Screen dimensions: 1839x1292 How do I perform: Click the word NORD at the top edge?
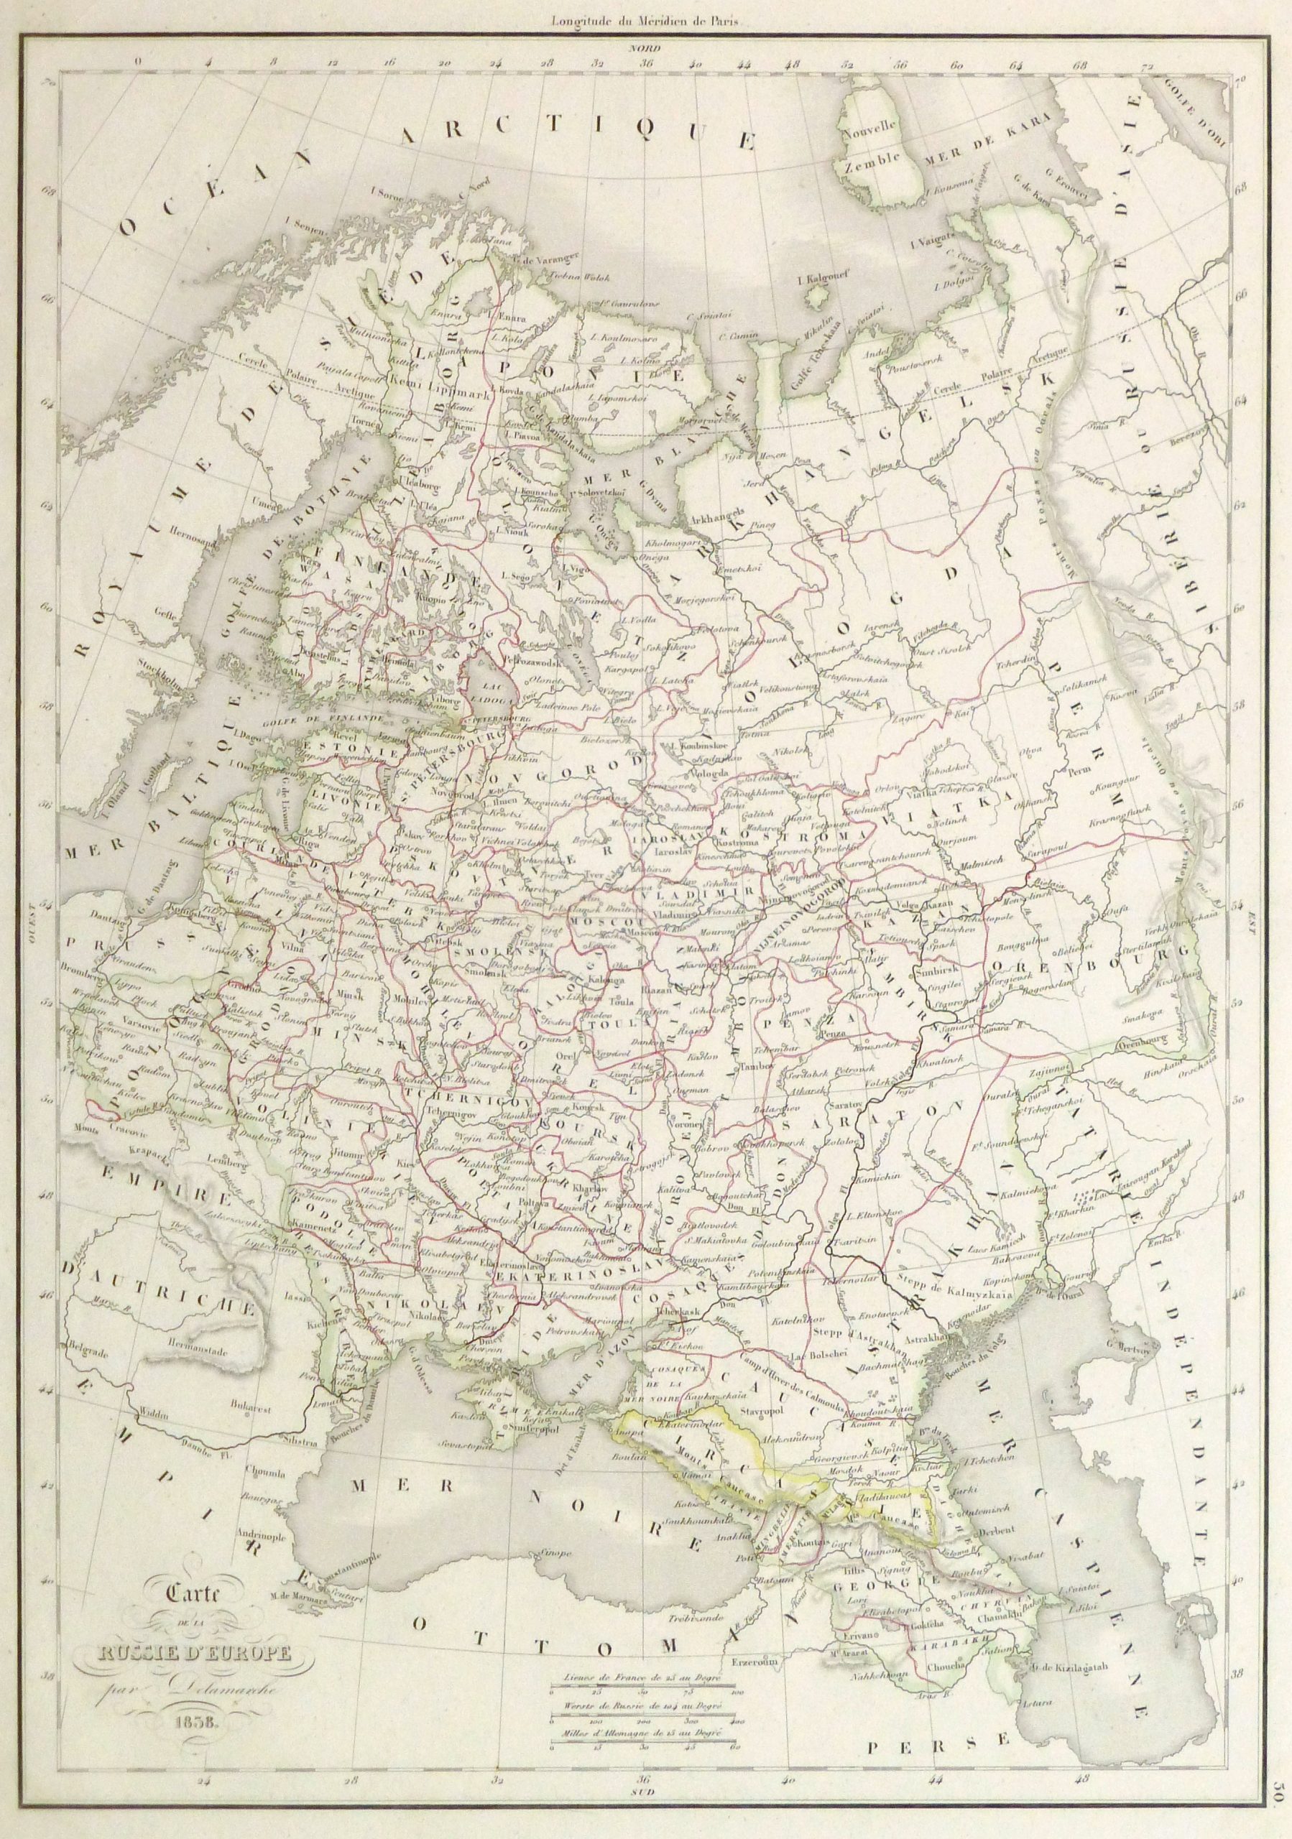tap(645, 49)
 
